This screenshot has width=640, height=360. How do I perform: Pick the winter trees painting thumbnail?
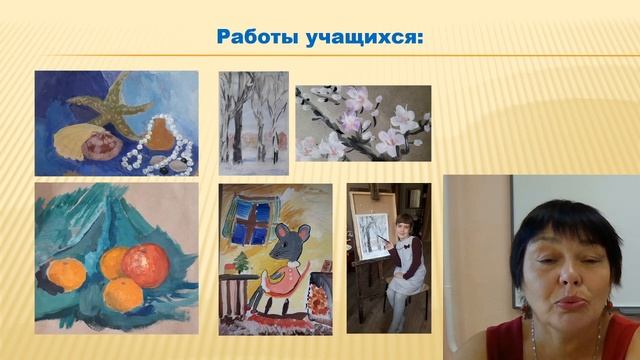[x=253, y=116]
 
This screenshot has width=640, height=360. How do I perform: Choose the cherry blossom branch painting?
[x=363, y=123]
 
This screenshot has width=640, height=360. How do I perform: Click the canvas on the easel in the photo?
[x=372, y=236]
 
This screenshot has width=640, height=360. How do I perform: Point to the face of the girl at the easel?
[x=404, y=228]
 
